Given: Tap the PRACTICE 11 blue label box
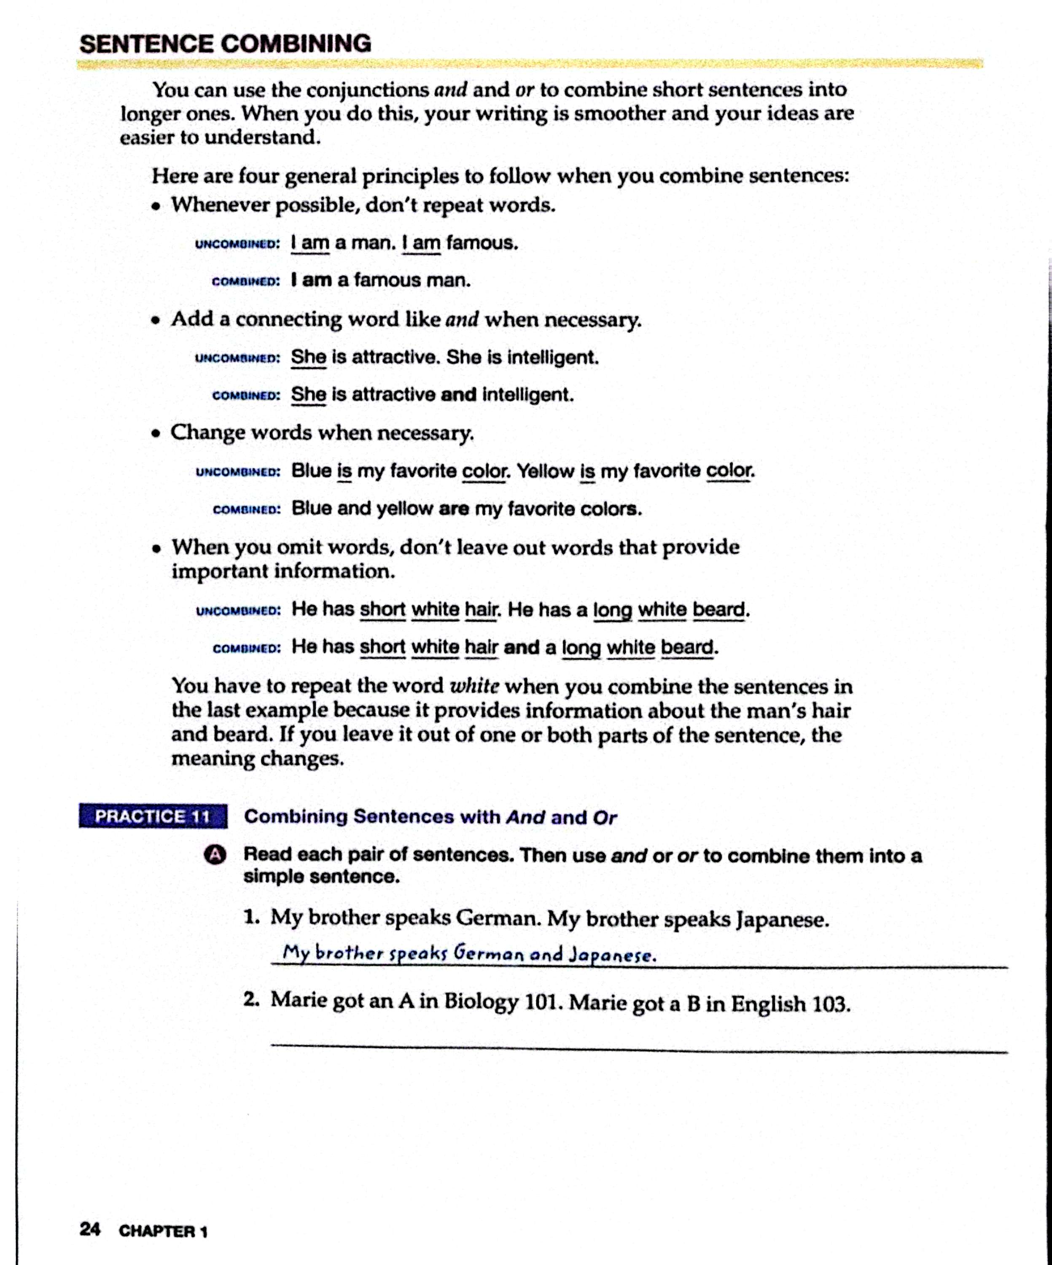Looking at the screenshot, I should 153,816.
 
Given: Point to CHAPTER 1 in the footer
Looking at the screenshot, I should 163,1231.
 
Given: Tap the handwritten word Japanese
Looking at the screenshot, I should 611,955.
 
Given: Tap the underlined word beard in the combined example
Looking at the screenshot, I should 687,648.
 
